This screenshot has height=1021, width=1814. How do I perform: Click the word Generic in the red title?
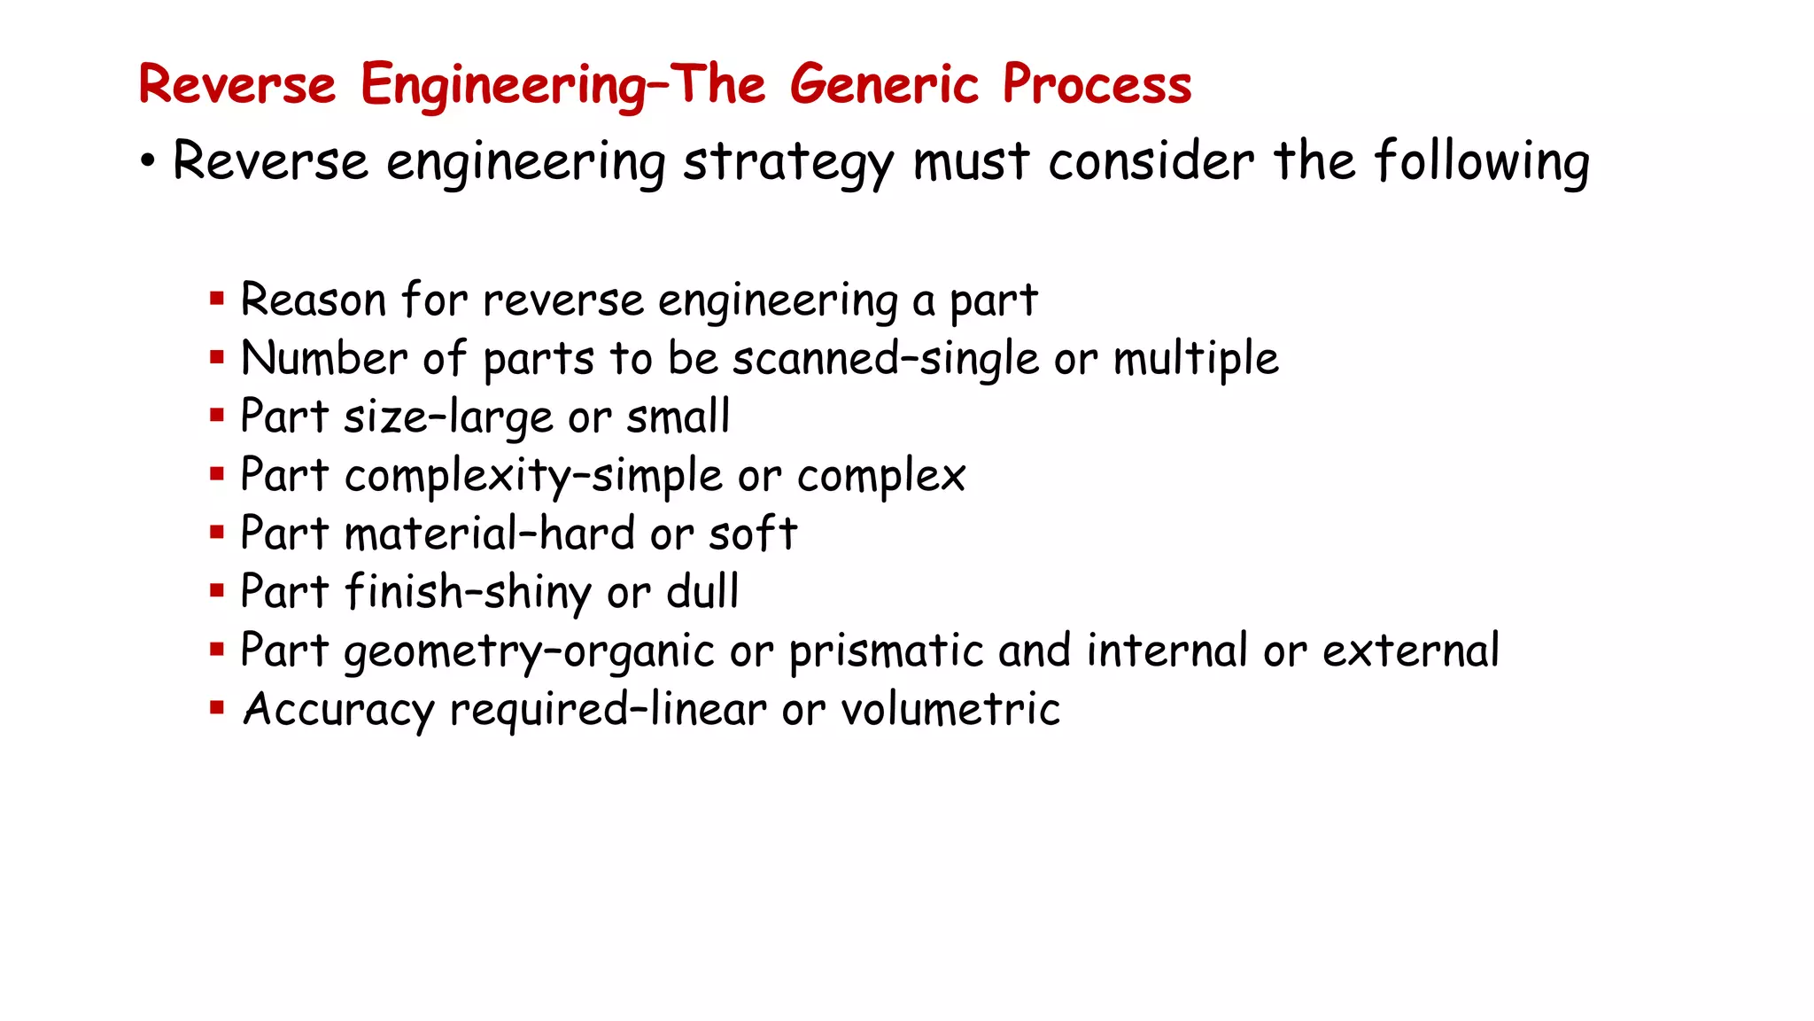click(x=883, y=85)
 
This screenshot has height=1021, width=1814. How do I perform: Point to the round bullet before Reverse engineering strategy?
click(x=148, y=162)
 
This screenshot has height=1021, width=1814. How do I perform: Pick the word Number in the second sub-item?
click(x=324, y=359)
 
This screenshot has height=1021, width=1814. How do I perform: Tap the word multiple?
click(x=1196, y=359)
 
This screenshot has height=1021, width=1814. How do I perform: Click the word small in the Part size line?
click(x=678, y=417)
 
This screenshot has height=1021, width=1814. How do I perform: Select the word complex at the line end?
click(x=880, y=476)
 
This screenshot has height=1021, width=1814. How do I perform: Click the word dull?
click(x=702, y=592)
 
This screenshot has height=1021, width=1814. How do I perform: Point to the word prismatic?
click(x=886, y=651)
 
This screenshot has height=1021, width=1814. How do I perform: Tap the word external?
click(x=1411, y=651)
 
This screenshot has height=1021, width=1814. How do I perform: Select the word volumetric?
click(x=950, y=709)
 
